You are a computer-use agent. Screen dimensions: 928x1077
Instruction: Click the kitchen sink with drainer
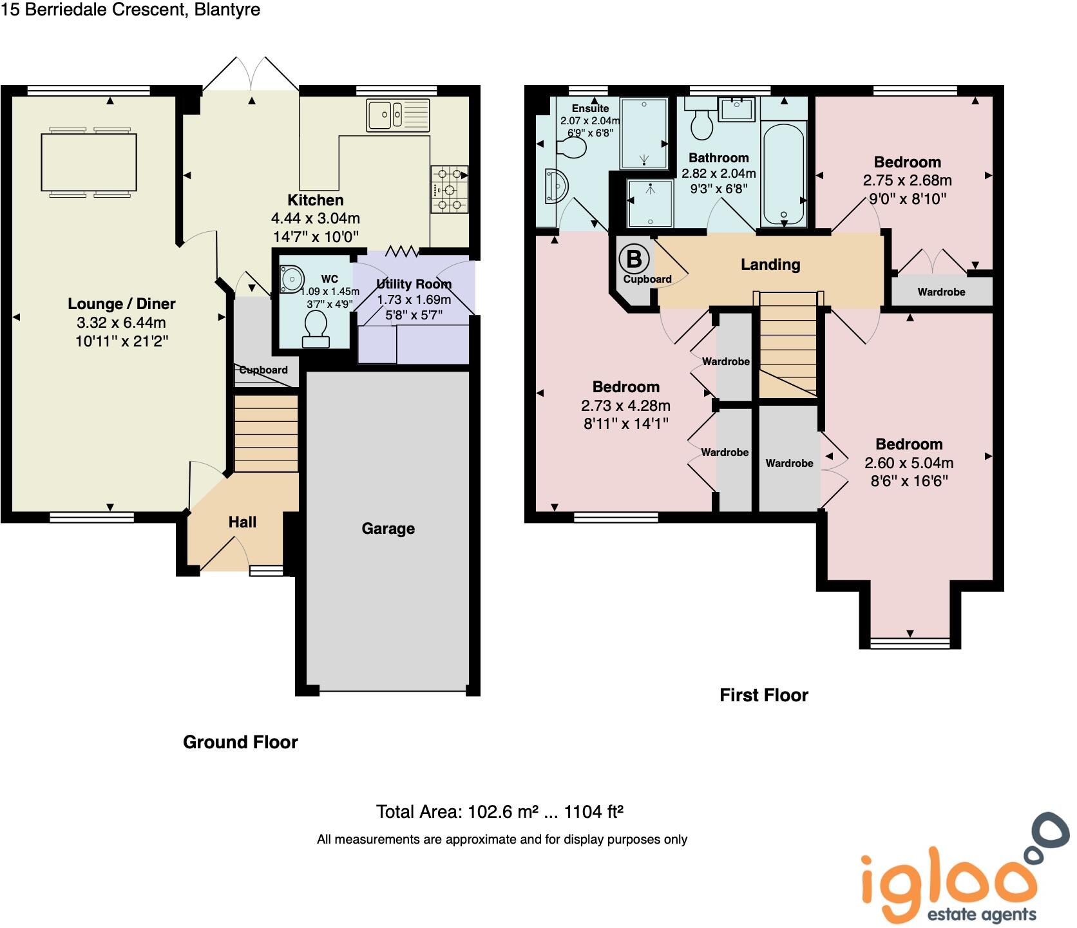397,115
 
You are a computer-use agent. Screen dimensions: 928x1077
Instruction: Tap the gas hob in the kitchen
449,189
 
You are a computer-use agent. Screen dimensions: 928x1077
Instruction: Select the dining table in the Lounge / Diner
89,162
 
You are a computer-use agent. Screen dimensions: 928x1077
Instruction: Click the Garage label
388,529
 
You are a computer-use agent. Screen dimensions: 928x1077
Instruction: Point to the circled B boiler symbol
634,259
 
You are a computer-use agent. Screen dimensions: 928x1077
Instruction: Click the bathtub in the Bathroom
783,173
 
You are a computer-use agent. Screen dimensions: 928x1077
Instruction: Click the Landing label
770,265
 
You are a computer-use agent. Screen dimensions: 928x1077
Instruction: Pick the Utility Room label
414,284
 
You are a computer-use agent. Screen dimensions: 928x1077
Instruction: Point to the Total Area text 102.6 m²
500,811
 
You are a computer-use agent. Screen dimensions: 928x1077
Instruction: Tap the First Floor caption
763,695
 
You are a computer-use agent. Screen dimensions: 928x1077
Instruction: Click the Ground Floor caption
240,742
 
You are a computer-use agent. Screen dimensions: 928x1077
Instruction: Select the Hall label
242,522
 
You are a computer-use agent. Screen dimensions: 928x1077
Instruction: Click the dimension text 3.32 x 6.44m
122,323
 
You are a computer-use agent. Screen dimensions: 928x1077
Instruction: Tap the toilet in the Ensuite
571,147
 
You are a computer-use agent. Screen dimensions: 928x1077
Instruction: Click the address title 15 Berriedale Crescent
130,10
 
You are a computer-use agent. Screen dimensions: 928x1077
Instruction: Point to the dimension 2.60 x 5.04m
908,463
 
